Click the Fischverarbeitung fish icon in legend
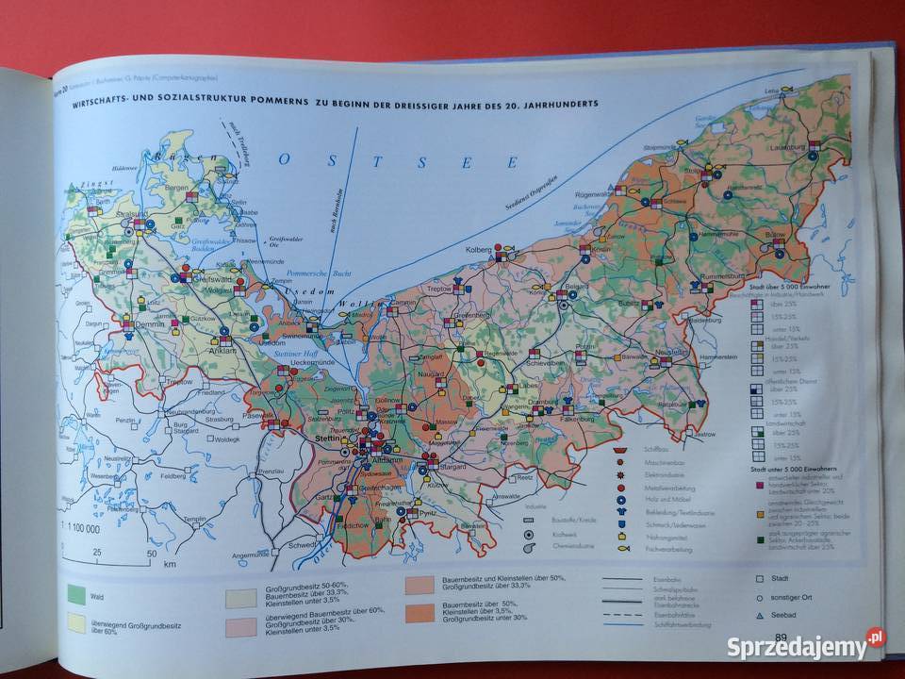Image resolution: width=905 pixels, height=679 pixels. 623,548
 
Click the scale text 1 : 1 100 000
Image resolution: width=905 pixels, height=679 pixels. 83,529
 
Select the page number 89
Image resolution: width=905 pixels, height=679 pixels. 782,638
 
